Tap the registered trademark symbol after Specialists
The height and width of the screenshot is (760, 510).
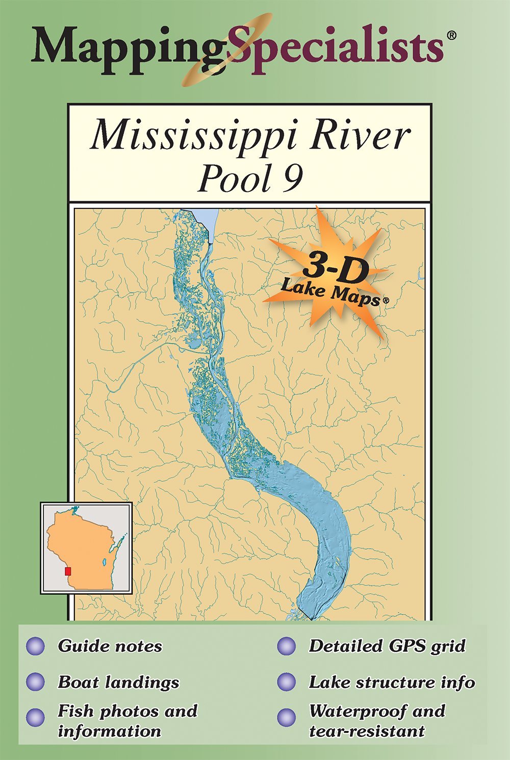[451, 35]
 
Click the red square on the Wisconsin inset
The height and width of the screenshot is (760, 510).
[68, 571]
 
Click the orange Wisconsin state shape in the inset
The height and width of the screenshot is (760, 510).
[82, 546]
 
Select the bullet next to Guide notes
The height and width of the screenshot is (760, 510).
[35, 646]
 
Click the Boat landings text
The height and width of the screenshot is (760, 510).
[118, 682]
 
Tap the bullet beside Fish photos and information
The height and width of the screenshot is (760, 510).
[35, 717]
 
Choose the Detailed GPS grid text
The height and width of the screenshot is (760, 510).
[387, 646]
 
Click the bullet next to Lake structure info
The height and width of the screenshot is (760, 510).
[286, 682]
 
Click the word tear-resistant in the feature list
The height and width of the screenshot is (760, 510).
[367, 731]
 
